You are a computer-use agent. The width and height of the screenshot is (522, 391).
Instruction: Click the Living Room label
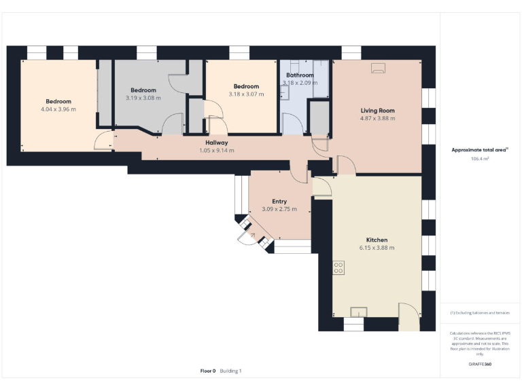(x=377, y=111)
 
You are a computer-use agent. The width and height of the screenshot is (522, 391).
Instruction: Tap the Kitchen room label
(x=377, y=240)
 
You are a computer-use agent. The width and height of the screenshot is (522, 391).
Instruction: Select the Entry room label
(x=279, y=202)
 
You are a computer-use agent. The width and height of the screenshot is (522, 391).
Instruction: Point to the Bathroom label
(x=299, y=75)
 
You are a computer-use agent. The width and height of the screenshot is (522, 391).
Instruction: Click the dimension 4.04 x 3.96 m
(x=58, y=109)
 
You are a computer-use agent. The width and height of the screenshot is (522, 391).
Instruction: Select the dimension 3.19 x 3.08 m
(x=143, y=98)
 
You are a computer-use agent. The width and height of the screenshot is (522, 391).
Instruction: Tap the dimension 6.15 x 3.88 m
(x=377, y=248)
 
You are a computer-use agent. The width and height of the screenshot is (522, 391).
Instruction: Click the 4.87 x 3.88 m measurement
(x=377, y=118)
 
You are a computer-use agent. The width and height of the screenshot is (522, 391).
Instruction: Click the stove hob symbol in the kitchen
(x=337, y=267)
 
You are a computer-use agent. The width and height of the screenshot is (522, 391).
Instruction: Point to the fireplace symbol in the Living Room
(x=377, y=68)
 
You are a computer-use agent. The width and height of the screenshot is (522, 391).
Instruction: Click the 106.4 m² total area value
(x=480, y=158)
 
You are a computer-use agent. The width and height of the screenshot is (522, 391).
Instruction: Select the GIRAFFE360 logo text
(x=480, y=365)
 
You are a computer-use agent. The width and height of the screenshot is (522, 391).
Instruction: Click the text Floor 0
(x=207, y=371)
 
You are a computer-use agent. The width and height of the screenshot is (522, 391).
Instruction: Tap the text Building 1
(x=230, y=371)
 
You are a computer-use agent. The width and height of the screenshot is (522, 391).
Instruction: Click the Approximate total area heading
(x=480, y=150)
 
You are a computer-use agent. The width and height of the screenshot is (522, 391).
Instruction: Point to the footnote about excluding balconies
(x=480, y=313)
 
